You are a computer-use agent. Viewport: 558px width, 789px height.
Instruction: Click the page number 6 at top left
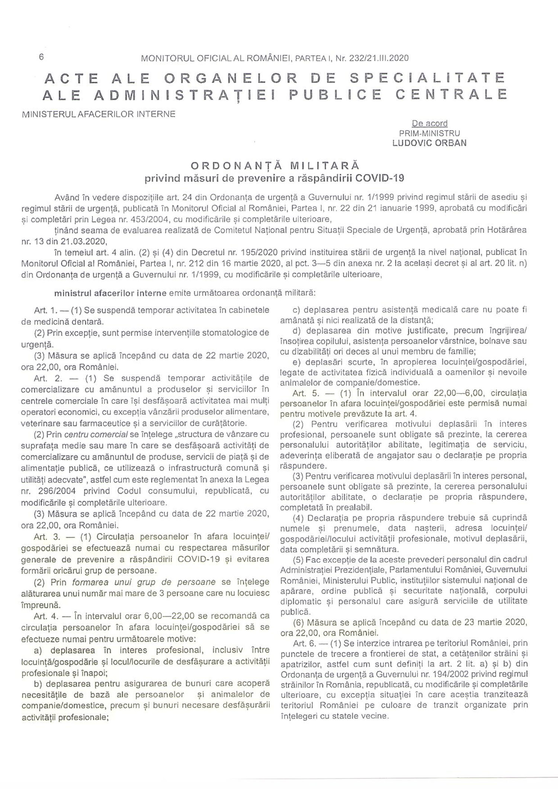coord(41,57)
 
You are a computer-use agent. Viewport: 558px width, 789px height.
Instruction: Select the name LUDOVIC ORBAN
coord(429,143)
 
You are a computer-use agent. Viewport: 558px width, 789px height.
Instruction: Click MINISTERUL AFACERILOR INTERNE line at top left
coord(99,114)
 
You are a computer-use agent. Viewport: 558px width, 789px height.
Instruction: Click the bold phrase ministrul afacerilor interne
coord(110,293)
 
